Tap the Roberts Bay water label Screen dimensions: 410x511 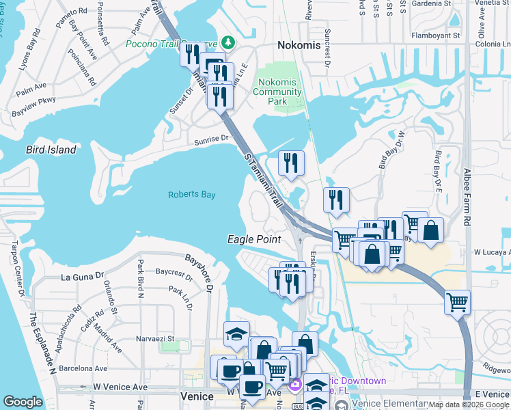click(x=191, y=195)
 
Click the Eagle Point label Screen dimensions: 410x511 click(x=254, y=239)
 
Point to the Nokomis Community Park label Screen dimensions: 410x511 click(x=277, y=92)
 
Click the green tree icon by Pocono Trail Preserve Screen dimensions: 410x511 click(x=226, y=43)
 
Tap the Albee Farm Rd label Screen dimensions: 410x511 click(x=467, y=198)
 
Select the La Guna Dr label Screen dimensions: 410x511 click(x=82, y=277)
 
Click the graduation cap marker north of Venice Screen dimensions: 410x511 click(x=236, y=333)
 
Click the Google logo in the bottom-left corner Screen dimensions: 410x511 click(x=23, y=402)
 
